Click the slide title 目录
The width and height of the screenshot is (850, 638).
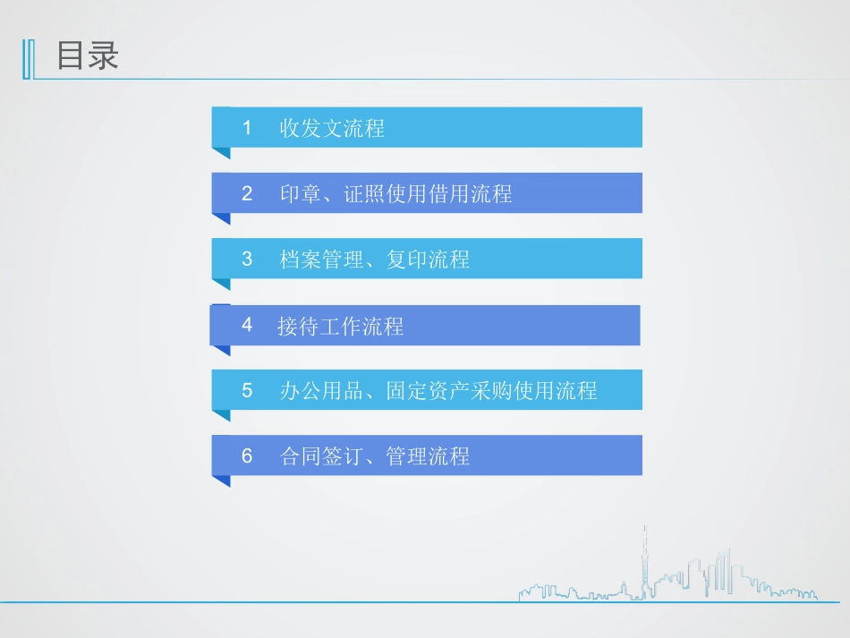click(88, 56)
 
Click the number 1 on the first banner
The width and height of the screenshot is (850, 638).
click(247, 128)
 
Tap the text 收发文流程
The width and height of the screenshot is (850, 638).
click(332, 129)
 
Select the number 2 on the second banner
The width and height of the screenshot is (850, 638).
click(247, 193)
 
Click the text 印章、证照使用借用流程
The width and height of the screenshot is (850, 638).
click(395, 194)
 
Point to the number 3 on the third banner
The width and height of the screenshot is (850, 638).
click(247, 259)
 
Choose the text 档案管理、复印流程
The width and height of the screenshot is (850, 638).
click(374, 260)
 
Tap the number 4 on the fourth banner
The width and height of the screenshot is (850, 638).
click(247, 325)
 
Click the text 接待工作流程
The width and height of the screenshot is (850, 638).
click(340, 327)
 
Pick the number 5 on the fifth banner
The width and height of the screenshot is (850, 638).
click(247, 391)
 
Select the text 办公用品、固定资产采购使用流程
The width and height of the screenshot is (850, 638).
click(438, 392)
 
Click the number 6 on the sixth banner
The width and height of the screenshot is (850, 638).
click(247, 456)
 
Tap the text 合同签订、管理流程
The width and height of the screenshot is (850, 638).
click(374, 457)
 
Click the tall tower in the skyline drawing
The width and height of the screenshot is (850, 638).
click(642, 564)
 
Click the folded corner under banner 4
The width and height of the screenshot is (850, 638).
click(221, 350)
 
